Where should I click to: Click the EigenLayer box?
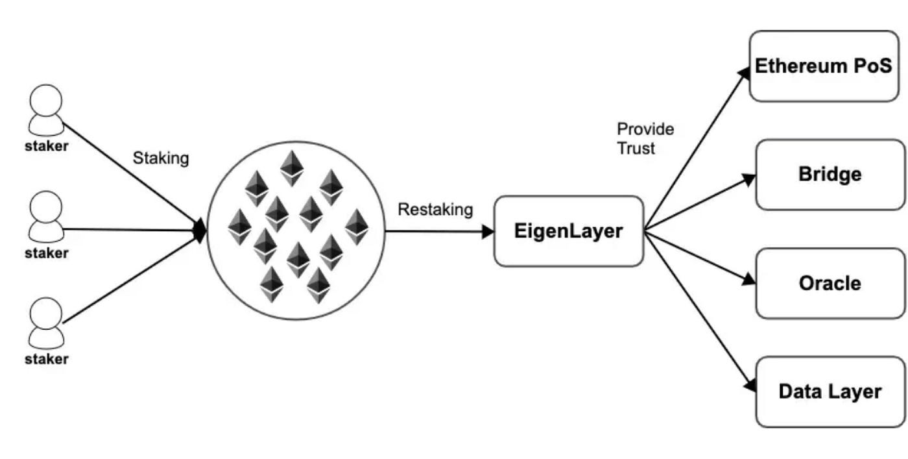click(569, 232)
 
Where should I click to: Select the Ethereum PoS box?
click(824, 66)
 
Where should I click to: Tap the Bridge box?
click(830, 175)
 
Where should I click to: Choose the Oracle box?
click(830, 283)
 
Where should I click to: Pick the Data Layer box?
click(830, 391)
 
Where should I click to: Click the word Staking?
click(161, 158)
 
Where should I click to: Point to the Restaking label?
click(435, 210)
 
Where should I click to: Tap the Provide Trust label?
click(645, 138)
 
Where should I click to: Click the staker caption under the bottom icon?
click(46, 359)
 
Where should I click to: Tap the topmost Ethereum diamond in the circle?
click(292, 168)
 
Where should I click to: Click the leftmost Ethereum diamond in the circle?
click(239, 226)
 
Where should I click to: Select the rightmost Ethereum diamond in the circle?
click(356, 226)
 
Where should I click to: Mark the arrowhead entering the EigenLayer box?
click(488, 232)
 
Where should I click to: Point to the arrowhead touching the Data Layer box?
click(750, 385)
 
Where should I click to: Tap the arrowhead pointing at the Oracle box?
click(749, 279)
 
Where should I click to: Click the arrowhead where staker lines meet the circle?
click(200, 229)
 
